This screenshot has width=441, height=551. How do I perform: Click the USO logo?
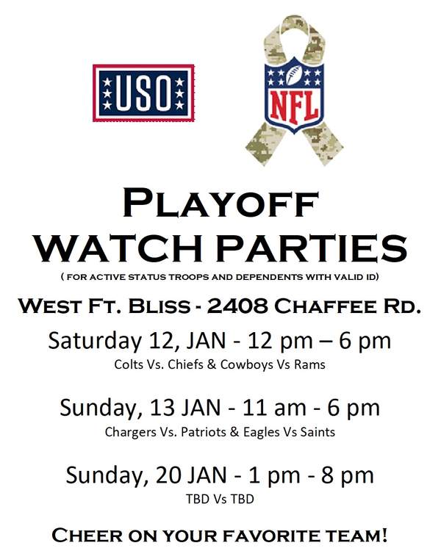[143, 93]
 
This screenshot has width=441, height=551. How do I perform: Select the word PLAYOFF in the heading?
[220, 204]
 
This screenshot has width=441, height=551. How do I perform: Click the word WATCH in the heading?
[119, 248]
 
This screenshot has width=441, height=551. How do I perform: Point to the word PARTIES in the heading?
[311, 248]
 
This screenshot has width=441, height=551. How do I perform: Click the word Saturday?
[94, 341]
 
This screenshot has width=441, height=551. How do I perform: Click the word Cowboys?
[246, 365]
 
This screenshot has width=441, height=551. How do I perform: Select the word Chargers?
[130, 432]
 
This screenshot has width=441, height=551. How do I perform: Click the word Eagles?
[261, 432]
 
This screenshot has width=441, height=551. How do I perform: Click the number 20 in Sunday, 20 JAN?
[167, 475]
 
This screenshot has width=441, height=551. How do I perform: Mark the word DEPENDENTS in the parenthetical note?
[269, 277]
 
